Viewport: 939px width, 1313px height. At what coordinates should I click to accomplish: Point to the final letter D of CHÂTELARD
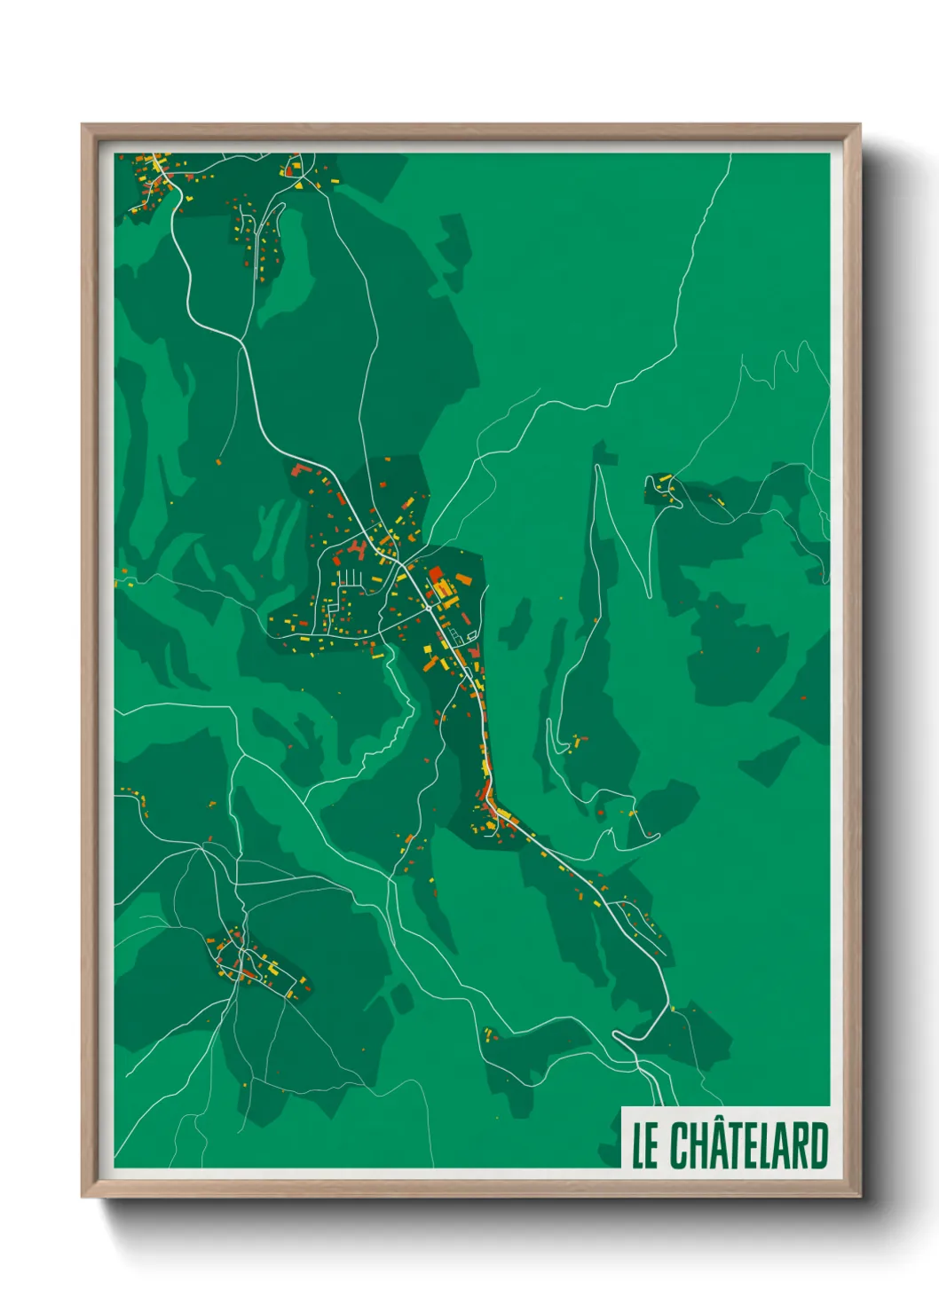818,1146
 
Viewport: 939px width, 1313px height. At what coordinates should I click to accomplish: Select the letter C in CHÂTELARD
678,1146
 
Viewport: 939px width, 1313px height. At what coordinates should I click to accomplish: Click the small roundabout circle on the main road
430,609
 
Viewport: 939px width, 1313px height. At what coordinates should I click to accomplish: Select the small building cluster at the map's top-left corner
155,177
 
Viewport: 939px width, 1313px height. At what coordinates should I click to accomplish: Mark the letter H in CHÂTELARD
698,1146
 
